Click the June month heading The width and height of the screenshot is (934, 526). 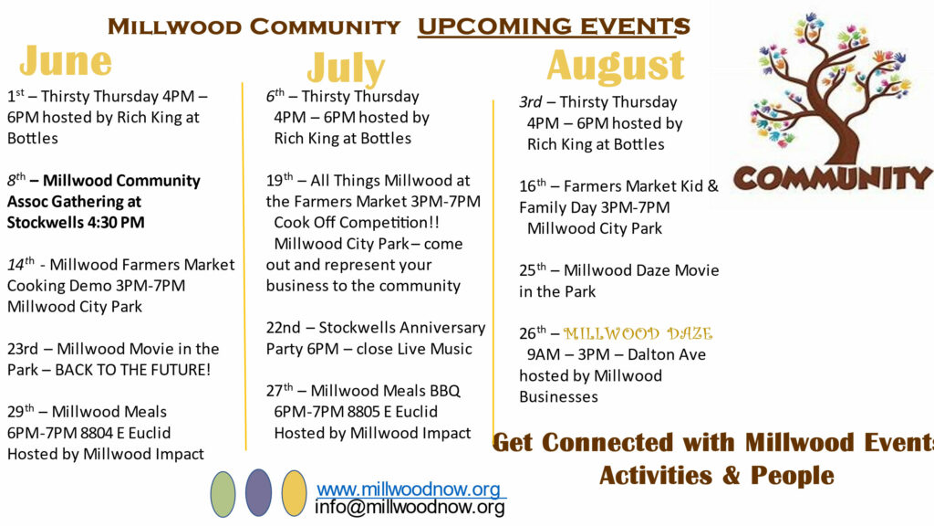coord(66,61)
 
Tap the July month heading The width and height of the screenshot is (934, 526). coord(346,68)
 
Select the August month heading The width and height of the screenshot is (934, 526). coord(616,65)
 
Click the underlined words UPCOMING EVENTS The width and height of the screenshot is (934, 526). coord(554,26)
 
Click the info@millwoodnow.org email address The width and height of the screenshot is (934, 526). coord(410,508)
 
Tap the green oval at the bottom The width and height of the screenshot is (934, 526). coord(223,494)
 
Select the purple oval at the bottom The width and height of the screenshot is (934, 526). coord(258,492)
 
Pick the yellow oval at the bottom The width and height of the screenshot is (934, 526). coord(295,493)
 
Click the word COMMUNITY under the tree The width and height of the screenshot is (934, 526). coord(834,178)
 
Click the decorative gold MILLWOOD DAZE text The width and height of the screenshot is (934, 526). coord(638,333)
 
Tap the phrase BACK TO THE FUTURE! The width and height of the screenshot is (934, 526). coord(133,370)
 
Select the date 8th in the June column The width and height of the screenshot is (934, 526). coord(16,180)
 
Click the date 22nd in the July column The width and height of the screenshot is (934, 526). coord(283,328)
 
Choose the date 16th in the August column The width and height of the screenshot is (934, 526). coord(533,185)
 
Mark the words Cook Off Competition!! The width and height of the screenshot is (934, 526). coord(357,223)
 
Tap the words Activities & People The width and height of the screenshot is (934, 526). coord(717,475)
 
